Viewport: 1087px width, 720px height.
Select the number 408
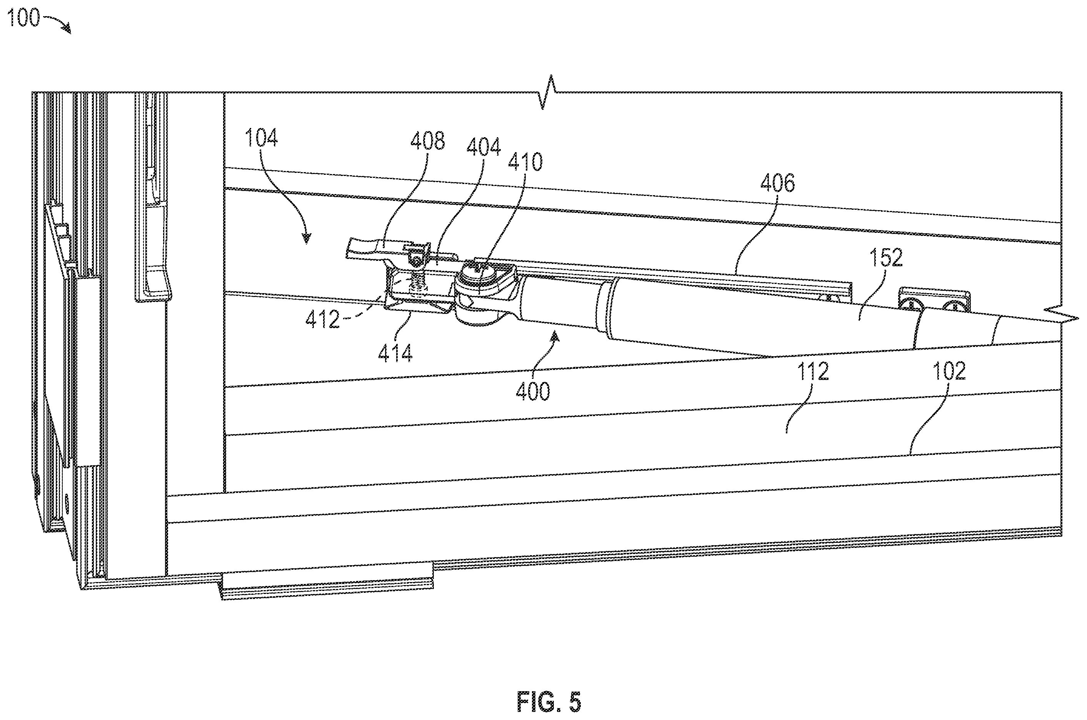[427, 141]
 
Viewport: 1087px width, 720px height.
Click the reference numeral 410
[525, 162]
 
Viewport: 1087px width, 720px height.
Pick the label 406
[777, 183]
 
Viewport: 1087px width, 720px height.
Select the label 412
[323, 320]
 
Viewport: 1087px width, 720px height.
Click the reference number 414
[395, 353]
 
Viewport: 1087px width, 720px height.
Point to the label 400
[533, 392]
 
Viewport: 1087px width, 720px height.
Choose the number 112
[812, 371]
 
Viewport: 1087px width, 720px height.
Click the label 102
[949, 371]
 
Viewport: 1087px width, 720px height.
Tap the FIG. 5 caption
[549, 701]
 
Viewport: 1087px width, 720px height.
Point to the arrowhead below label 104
[306, 238]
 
